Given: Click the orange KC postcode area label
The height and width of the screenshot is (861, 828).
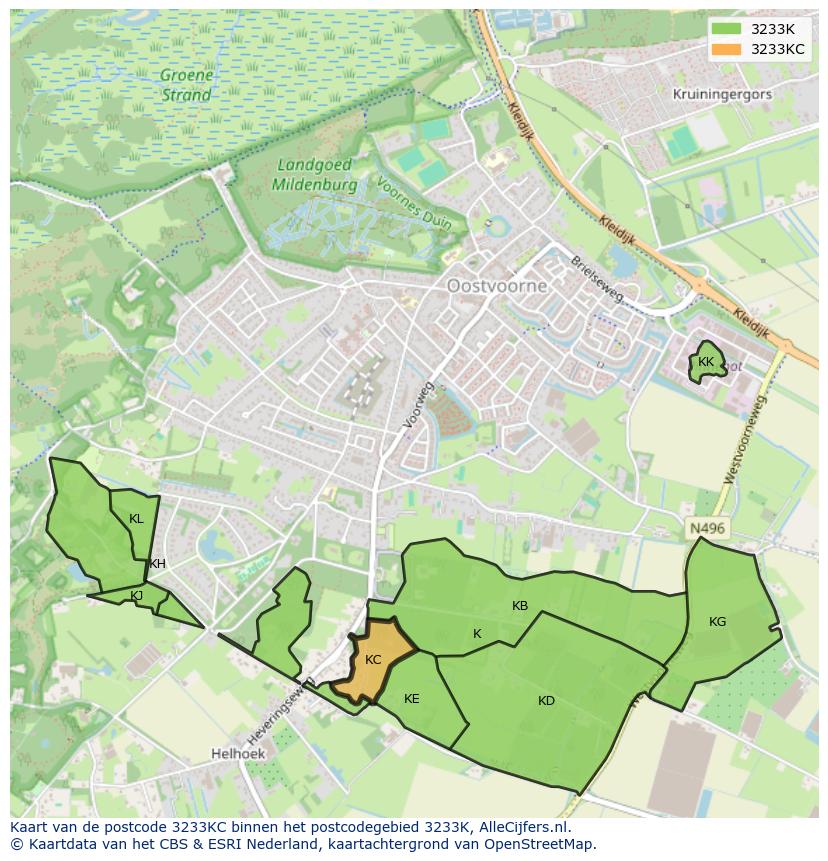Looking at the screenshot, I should pos(373,660).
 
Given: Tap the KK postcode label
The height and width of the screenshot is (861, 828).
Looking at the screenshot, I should pos(706,362).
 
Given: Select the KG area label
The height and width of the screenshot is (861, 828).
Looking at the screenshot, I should pos(717,622).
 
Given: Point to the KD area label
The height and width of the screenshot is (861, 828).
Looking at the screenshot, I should pos(546,701).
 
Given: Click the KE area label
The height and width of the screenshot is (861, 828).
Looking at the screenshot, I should pos(411,699).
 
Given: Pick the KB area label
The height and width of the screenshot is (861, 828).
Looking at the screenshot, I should pos(520,606).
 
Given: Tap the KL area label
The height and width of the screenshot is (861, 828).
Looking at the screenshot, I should pos(136,519).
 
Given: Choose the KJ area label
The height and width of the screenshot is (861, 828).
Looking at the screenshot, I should pos(137,596).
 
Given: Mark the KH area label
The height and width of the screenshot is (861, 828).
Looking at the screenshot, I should pos(157,564).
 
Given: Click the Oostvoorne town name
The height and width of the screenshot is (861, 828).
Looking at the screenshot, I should pos(497,286).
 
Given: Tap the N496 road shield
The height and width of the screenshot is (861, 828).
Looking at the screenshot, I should pos(707,528).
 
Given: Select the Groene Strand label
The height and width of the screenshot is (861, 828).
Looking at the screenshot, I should pos(187,86).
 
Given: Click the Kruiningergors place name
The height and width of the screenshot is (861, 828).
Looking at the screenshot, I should pos(722,94).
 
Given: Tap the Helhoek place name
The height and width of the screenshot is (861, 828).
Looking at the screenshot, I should pos(236,753).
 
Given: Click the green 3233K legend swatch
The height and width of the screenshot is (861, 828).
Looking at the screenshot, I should pos(726,28).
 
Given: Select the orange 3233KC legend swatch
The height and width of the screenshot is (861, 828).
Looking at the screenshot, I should pos(726,49).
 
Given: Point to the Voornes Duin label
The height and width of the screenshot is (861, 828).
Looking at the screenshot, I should pos(413,204).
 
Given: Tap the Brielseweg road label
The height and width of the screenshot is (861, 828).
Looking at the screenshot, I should pos(597,279).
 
